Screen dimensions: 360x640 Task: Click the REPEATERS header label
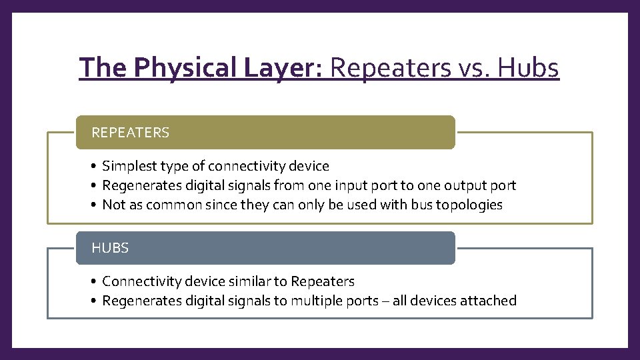click(131, 133)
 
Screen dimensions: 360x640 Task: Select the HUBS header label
click(111, 248)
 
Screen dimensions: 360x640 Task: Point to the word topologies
click(469, 205)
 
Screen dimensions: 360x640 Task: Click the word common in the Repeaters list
click(173, 205)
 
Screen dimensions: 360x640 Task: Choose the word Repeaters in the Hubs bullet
click(323, 281)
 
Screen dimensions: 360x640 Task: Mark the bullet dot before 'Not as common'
click(96, 205)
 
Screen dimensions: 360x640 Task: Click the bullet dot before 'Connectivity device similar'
click(96, 281)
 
